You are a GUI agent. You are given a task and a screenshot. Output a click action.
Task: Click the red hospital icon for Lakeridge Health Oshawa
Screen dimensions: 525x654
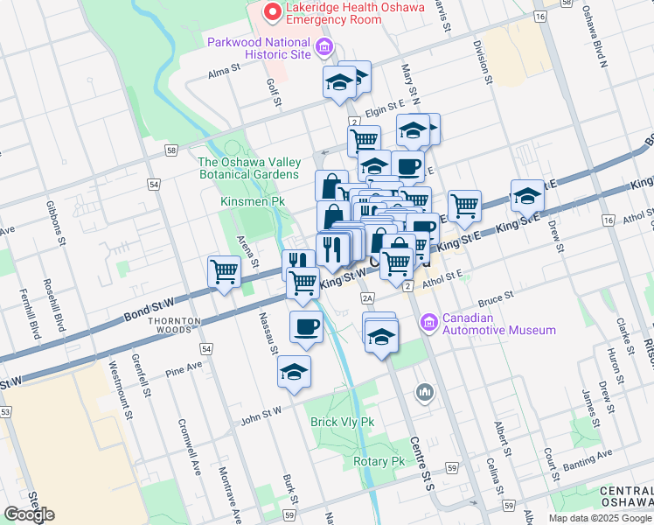pos(273,11)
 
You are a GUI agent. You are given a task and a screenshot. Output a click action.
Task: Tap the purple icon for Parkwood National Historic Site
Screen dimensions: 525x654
pos(324,46)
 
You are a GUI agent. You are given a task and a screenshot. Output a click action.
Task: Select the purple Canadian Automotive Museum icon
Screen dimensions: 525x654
pos(429,324)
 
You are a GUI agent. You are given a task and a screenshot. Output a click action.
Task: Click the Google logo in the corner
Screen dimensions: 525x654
pos(29,514)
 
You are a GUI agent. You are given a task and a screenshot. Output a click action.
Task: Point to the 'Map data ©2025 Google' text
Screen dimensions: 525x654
pos(600,518)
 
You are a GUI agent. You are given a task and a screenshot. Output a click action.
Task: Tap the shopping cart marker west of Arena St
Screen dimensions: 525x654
pos(225,272)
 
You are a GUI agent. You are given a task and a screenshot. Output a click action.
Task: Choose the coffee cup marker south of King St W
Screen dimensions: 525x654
pos(305,327)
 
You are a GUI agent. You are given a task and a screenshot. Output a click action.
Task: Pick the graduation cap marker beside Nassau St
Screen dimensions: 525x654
pos(295,371)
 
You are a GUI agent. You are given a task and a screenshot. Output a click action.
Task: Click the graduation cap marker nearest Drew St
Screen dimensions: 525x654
pos(527,196)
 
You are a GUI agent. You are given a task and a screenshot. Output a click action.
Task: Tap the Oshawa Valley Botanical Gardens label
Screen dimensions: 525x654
pos(249,168)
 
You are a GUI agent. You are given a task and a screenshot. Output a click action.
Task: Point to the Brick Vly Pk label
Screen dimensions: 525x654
pos(342,422)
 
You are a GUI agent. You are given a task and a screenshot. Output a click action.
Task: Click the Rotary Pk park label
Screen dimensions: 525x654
pos(379,461)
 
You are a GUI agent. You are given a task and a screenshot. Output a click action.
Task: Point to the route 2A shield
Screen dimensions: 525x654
pos(368,298)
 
